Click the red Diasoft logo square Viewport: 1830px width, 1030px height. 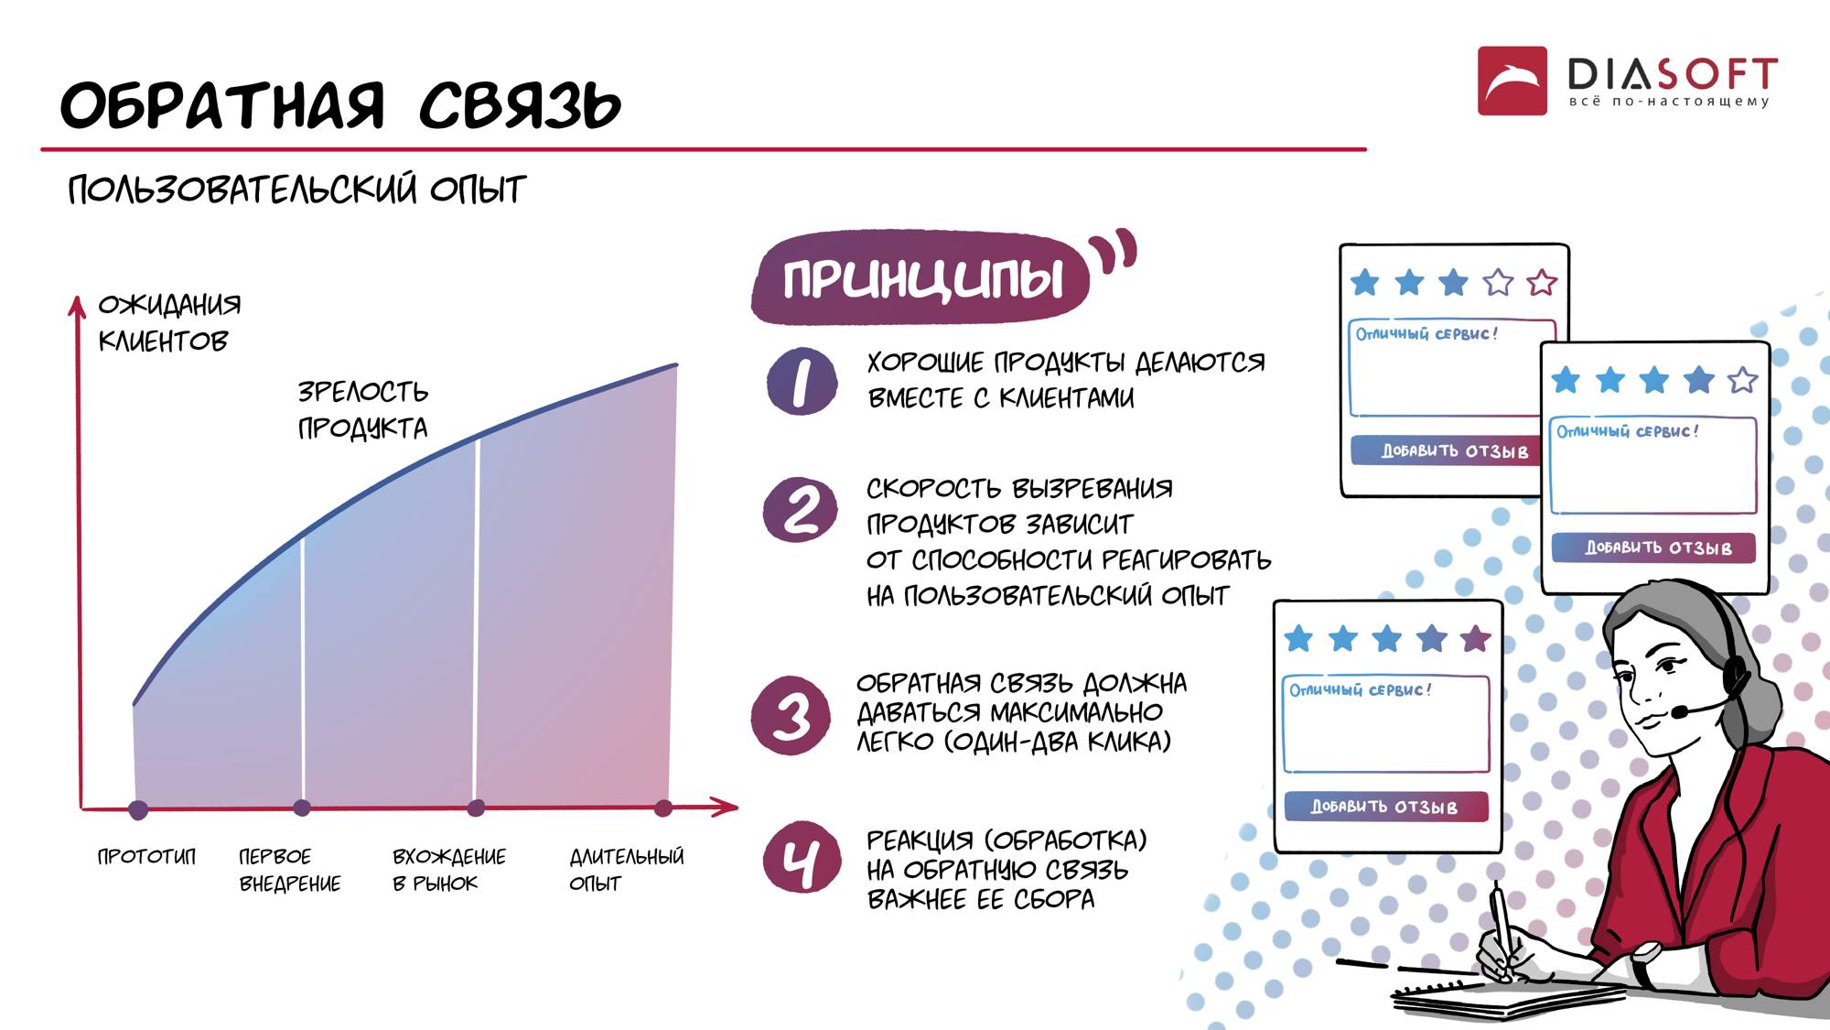point(1512,81)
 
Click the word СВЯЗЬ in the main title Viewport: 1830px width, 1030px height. point(520,105)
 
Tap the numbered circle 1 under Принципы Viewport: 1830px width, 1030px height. point(802,381)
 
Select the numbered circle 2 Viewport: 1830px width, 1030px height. point(801,509)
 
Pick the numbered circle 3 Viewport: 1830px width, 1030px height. point(791,715)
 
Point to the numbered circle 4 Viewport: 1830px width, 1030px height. point(802,858)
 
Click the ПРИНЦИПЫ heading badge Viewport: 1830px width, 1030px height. point(920,277)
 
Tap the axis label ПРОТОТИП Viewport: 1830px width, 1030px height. point(146,857)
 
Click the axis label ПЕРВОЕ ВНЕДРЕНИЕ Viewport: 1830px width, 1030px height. point(289,870)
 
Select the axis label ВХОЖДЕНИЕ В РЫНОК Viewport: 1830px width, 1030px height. point(448,870)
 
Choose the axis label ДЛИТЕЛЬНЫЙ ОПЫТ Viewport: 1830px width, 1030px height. point(626,870)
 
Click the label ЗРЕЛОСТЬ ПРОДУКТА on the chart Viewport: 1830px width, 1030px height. point(363,409)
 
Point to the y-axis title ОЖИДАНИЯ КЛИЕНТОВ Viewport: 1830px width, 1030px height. point(169,322)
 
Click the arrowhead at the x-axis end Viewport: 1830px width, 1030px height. point(727,807)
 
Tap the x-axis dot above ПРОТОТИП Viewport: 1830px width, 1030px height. point(138,809)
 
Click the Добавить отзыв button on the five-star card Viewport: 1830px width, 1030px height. point(1385,807)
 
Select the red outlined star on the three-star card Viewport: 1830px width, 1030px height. point(1542,282)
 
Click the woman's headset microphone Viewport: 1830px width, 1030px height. point(1680,710)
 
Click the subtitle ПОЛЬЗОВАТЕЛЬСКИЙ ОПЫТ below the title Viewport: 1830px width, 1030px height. point(296,190)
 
